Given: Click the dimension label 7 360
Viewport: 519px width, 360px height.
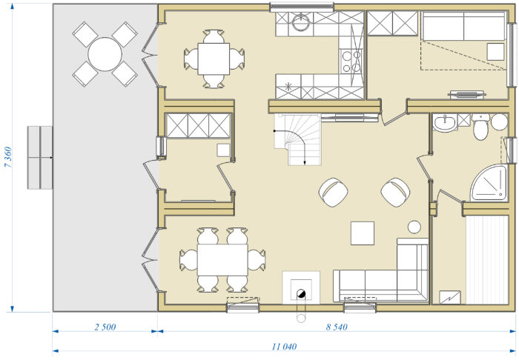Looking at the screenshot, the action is coord(8,157).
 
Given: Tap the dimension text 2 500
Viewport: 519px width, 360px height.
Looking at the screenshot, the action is coord(105,327).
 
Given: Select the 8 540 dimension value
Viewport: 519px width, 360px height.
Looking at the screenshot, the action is coord(337,327).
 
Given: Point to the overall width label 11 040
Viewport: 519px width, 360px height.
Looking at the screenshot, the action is coord(284,347).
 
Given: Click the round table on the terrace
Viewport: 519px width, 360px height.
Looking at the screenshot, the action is coord(105,54).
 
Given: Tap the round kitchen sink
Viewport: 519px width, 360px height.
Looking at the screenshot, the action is coord(301,22).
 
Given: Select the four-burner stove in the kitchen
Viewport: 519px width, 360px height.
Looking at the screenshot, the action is coord(351,61).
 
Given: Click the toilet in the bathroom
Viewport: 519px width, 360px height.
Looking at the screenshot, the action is coord(480,127).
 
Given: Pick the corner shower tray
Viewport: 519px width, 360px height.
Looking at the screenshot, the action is coord(489,182).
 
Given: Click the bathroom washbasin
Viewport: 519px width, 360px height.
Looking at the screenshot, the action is coord(445,123).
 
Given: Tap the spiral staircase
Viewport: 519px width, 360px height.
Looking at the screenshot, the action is coord(297,139).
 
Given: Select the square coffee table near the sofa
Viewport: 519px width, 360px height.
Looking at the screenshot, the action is coord(363,233).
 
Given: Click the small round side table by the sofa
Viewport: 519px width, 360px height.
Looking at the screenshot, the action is coord(414,227).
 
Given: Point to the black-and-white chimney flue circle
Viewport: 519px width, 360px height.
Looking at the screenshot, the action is coord(301,293).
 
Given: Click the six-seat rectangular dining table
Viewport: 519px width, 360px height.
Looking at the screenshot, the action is coord(222,260).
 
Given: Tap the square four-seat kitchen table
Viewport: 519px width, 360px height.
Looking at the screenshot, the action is coord(214,59).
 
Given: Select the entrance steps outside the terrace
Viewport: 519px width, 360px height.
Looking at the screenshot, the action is coord(40,157).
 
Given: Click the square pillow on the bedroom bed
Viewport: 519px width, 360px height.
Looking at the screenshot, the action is coord(495,52).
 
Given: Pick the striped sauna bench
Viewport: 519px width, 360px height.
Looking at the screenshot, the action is coord(487,260).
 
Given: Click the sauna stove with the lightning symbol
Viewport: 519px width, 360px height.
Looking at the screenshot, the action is coord(450,297).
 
